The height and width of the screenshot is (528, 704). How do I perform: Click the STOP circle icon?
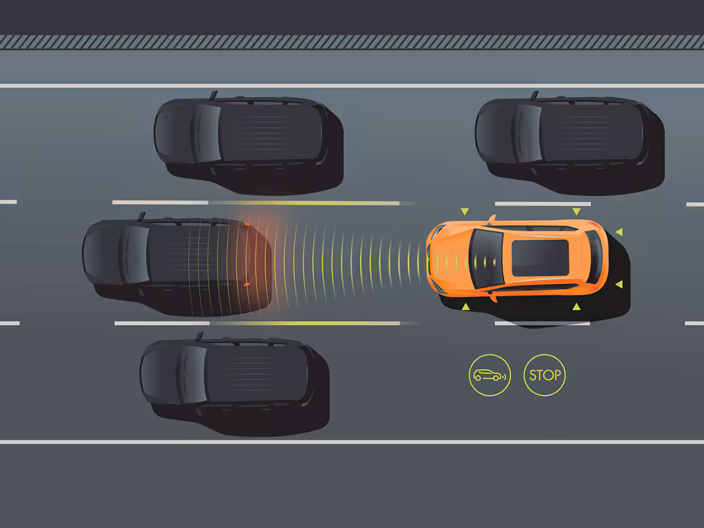544,375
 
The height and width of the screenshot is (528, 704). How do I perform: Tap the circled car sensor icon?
490,375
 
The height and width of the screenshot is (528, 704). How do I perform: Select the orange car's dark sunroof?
540,258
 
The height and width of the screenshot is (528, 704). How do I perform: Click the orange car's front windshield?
486,258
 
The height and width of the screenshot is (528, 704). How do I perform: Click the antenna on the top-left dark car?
213,95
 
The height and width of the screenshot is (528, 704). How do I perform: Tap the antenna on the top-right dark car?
534,95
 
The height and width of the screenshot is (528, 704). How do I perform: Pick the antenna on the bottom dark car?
199,336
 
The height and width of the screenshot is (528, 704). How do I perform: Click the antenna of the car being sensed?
142,216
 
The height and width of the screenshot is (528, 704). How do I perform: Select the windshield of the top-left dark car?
207,133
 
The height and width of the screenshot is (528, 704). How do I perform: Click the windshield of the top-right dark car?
527,133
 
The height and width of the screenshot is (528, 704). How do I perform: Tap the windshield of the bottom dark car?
192,375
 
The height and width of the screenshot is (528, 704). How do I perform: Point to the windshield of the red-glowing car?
135,255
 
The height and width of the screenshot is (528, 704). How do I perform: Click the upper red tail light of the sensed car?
246,224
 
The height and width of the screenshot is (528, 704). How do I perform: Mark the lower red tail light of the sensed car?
246,284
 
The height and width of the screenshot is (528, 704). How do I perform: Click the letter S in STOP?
533,375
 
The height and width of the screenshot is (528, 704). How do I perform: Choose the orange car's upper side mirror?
492,219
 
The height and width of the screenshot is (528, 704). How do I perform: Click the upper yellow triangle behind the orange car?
619,232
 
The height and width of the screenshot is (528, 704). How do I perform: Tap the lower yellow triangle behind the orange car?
619,284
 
